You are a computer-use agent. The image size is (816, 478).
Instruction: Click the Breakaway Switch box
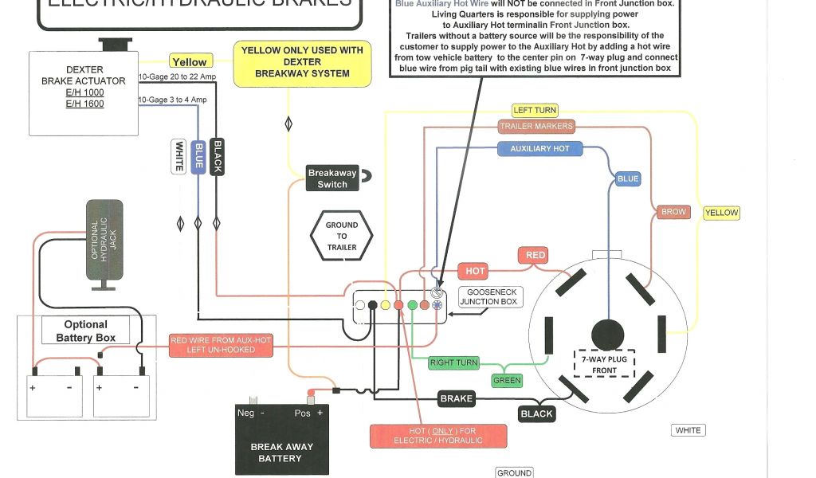[x=332, y=178]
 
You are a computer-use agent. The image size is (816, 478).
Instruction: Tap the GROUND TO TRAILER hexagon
[x=341, y=236]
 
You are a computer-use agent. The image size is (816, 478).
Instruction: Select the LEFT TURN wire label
[x=535, y=110]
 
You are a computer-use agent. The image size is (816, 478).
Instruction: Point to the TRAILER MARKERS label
[x=535, y=126]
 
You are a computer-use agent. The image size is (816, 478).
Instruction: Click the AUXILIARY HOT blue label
[x=539, y=149]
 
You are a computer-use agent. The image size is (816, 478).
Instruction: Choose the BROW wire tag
[x=674, y=212]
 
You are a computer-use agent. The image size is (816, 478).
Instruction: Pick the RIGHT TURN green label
[x=453, y=363]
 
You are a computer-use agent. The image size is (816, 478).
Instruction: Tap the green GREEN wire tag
[x=507, y=381]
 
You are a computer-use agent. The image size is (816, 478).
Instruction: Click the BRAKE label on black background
[x=457, y=398]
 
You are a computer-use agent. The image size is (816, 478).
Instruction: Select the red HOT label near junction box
[x=475, y=271]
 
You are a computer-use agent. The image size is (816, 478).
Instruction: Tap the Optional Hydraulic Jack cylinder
[x=104, y=240]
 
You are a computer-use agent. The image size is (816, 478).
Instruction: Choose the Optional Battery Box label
[x=85, y=331]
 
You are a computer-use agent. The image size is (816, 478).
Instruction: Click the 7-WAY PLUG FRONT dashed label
[x=604, y=364]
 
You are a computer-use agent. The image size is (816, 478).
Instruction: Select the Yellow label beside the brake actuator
[x=189, y=62]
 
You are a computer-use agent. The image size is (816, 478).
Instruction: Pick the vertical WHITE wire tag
[x=179, y=155]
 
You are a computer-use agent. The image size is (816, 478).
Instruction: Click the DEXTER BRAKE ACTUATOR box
[x=84, y=92]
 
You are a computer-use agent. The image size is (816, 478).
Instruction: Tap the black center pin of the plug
[x=608, y=332]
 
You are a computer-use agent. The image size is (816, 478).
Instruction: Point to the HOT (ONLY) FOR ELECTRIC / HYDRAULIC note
[x=438, y=436]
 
